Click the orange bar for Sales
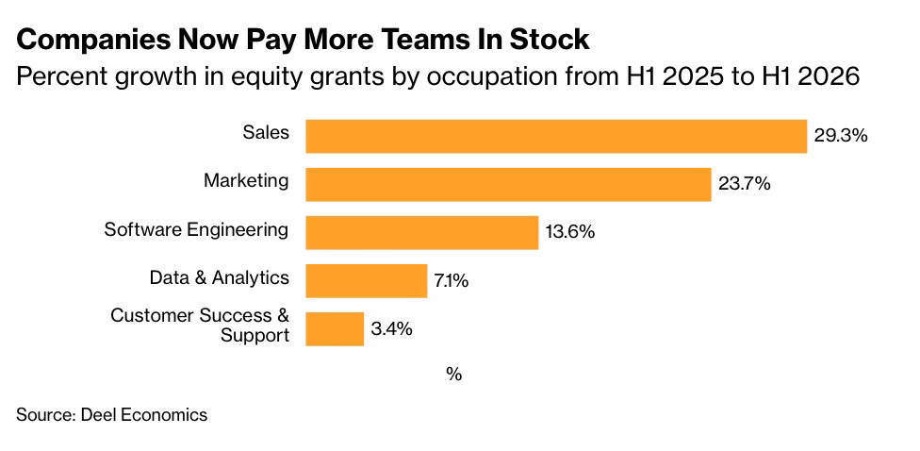556,136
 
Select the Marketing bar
509,184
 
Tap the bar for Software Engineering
422,232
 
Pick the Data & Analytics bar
367,281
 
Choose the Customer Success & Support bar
335,329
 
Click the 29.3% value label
840,136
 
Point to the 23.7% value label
744,184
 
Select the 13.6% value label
570,232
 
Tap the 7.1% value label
452,281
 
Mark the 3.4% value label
391,329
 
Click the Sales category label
266,133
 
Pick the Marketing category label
246,181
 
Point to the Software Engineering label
197,229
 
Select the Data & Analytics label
220,277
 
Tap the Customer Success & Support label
200,326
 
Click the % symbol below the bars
453,375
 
